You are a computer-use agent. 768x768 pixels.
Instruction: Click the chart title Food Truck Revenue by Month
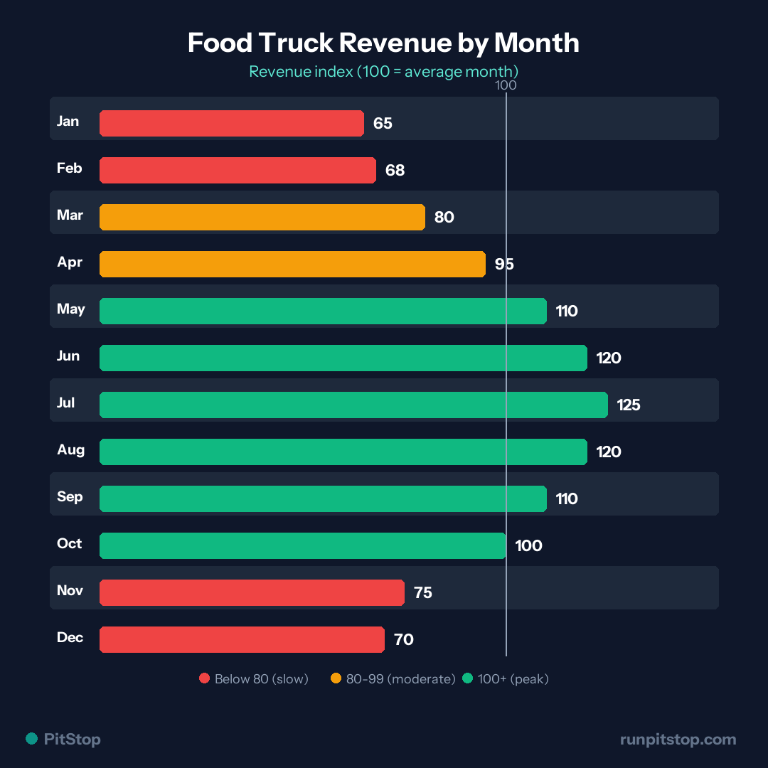click(x=383, y=43)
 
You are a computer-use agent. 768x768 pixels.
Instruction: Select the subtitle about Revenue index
click(x=383, y=72)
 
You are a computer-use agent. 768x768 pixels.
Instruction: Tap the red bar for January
click(x=231, y=123)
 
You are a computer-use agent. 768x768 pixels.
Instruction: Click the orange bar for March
click(x=262, y=217)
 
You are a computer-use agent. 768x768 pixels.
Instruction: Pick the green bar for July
click(x=353, y=405)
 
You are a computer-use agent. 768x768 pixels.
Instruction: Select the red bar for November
click(x=252, y=592)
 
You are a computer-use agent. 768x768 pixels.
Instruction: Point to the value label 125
click(x=629, y=405)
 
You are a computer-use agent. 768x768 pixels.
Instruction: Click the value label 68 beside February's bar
click(x=395, y=171)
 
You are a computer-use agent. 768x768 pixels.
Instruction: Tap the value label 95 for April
click(x=504, y=265)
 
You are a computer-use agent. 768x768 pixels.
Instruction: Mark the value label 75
click(x=422, y=593)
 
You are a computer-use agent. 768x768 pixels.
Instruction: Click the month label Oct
click(x=70, y=543)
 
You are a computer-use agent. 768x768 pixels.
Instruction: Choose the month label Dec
click(x=70, y=637)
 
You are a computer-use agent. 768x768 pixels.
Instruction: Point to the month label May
click(x=71, y=309)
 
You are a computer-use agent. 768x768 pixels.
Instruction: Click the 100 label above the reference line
click(x=506, y=85)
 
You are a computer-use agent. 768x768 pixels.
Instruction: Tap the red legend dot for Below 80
click(x=205, y=679)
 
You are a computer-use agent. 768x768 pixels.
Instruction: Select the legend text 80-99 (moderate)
click(x=400, y=679)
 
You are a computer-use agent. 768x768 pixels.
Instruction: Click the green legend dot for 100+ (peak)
click(x=467, y=679)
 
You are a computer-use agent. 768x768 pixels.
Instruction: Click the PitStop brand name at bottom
click(x=72, y=740)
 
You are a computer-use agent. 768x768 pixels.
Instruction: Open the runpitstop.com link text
click(x=678, y=740)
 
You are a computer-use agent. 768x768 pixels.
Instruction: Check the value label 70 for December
click(x=403, y=640)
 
